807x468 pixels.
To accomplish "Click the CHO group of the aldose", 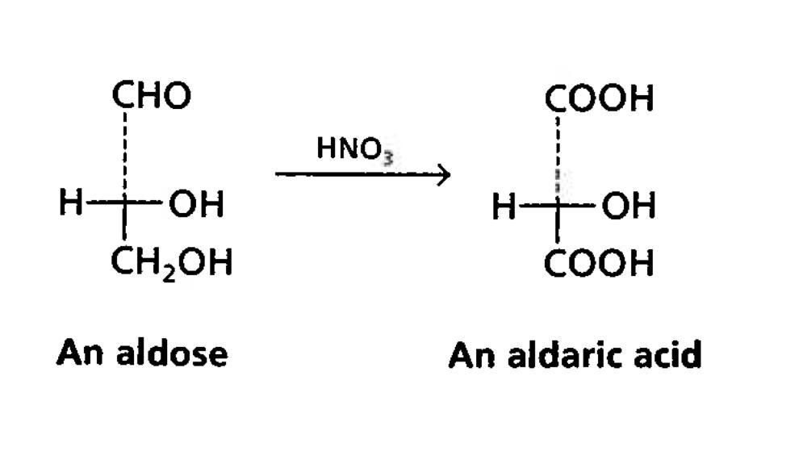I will point(152,96).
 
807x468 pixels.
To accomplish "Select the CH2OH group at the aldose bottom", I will point(172,262).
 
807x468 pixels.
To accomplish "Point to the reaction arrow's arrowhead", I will point(442,173).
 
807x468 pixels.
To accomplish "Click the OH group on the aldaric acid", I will point(629,208).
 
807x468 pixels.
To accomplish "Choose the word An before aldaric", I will point(473,355).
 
